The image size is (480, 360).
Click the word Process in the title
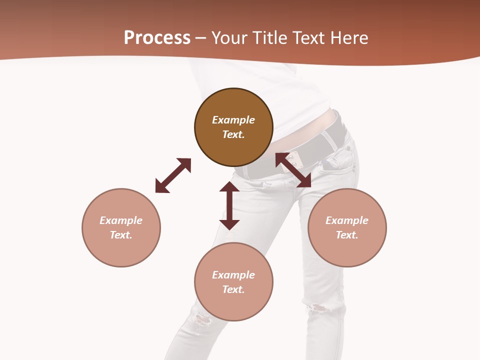[x=157, y=38]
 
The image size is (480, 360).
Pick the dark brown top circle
[x=233, y=145]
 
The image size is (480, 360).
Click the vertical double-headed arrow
[x=229, y=205]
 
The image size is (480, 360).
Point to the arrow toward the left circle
[x=173, y=175]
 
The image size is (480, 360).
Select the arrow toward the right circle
[x=293, y=170]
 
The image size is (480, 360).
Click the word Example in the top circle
[x=233, y=120]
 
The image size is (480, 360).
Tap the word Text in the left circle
[x=121, y=235]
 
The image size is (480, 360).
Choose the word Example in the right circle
[x=347, y=220]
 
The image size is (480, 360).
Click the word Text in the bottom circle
[x=233, y=289]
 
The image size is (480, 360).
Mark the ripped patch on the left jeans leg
[x=201, y=318]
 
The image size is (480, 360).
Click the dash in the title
[x=200, y=38]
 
